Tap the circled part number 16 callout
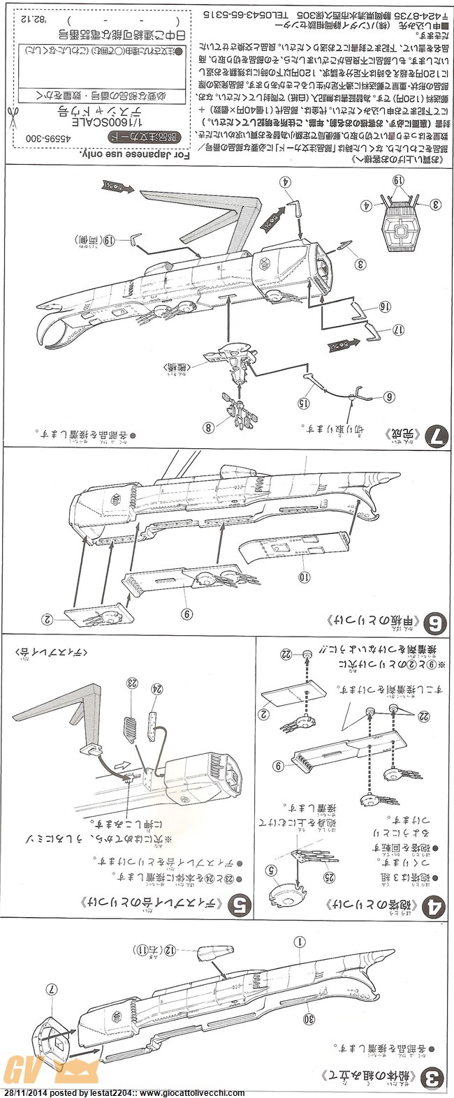pos(383,306)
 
